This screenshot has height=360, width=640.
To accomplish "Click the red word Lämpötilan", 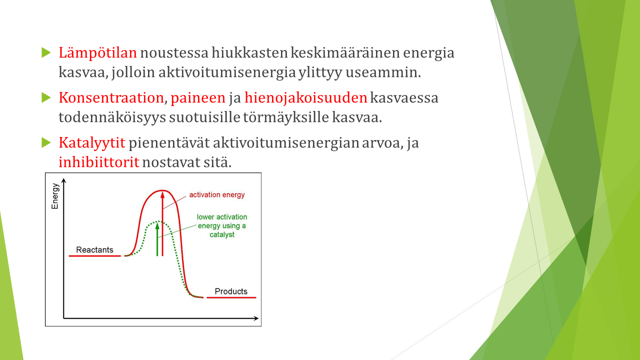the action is coord(97,53).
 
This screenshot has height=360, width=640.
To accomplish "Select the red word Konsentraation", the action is coord(111,98).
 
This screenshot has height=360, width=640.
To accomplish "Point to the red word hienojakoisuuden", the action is coord(305,98).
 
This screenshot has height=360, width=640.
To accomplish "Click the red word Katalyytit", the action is coord(92,143).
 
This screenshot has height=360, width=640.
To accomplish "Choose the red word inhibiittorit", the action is coord(99,162).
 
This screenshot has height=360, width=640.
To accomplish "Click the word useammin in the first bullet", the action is coord(383,72).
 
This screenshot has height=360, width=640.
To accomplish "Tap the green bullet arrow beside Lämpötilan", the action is coord(46,52).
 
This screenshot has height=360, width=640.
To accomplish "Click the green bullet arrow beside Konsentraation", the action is coord(46,97).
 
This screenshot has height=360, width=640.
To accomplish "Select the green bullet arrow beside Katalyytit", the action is coord(46,142).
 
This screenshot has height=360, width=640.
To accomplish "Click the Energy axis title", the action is coord(55,196).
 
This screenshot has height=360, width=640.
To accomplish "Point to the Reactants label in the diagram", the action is coord(94,249).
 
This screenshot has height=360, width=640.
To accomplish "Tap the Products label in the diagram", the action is coord(231,291).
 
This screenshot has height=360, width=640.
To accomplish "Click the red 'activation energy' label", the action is coord(217,195).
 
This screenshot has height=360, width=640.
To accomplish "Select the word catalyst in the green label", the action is coord(222,235).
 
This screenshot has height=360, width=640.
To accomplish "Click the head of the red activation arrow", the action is coord(162,195).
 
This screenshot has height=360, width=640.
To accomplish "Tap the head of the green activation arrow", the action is coord(157,226).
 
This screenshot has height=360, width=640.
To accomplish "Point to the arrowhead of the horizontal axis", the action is coord(256,318).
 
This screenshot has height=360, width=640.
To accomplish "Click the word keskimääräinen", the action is coord(345,53).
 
